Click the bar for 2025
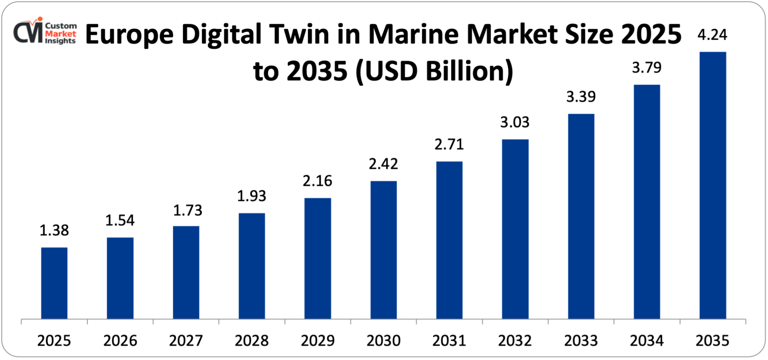(x=54, y=283)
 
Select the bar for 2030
(x=383, y=250)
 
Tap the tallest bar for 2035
(x=712, y=185)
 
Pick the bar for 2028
(x=252, y=266)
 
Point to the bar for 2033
(x=581, y=216)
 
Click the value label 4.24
(x=712, y=35)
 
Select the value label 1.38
(x=54, y=230)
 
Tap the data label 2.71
(x=449, y=145)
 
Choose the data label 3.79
(x=647, y=68)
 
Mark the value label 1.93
(x=252, y=196)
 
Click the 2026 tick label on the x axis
(x=120, y=340)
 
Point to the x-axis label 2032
(x=515, y=340)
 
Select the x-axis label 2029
(x=318, y=340)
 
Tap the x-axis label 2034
(x=647, y=340)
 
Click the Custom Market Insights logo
(x=45, y=31)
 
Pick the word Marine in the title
(x=414, y=35)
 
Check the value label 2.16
(x=317, y=181)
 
